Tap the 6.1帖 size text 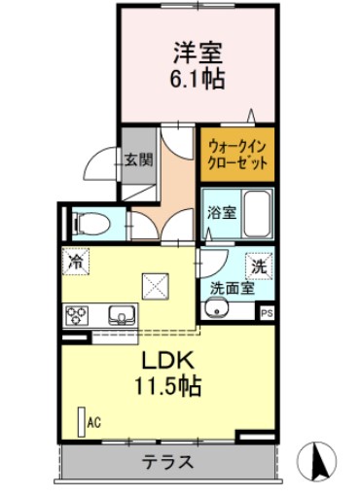[199, 79]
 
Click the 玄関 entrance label [138, 160]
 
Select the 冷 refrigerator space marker [75, 261]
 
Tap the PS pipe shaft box [266, 312]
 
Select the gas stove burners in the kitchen [77, 314]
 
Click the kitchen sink [122, 314]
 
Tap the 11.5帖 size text [167, 386]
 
